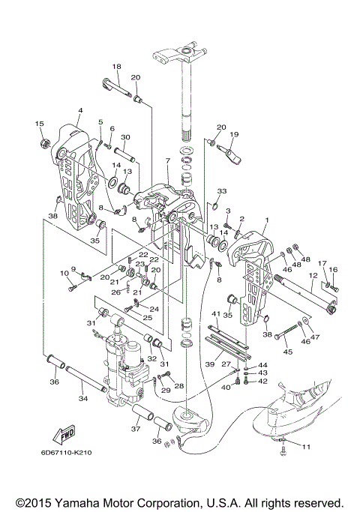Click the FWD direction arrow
[x=64, y=436]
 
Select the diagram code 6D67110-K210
[x=66, y=453]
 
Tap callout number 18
[x=116, y=67]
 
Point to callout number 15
[x=39, y=124]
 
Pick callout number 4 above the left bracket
[x=80, y=110]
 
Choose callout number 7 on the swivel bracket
[x=167, y=161]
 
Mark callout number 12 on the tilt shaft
[x=313, y=276]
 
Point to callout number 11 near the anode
[x=306, y=446]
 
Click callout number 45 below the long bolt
[x=288, y=352]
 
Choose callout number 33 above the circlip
[x=222, y=191]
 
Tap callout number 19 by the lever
[x=234, y=134]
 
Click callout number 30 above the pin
[x=125, y=137]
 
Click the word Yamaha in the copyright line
[x=76, y=502]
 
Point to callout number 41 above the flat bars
[x=216, y=314]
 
